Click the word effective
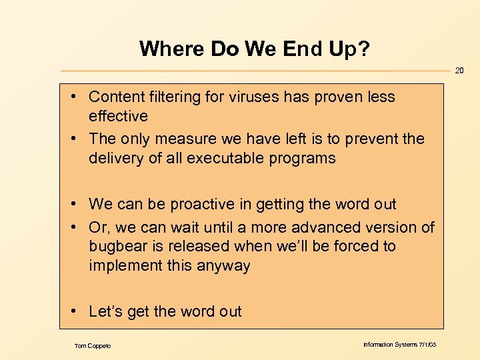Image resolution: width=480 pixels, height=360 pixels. [x=118, y=116]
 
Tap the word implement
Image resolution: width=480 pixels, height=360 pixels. [x=123, y=265]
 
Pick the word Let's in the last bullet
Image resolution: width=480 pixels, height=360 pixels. [x=106, y=311]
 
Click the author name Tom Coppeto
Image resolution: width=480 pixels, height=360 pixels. [x=93, y=345]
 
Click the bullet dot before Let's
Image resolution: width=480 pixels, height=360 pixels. [x=79, y=311]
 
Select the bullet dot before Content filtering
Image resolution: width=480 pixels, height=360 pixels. [x=79, y=97]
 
